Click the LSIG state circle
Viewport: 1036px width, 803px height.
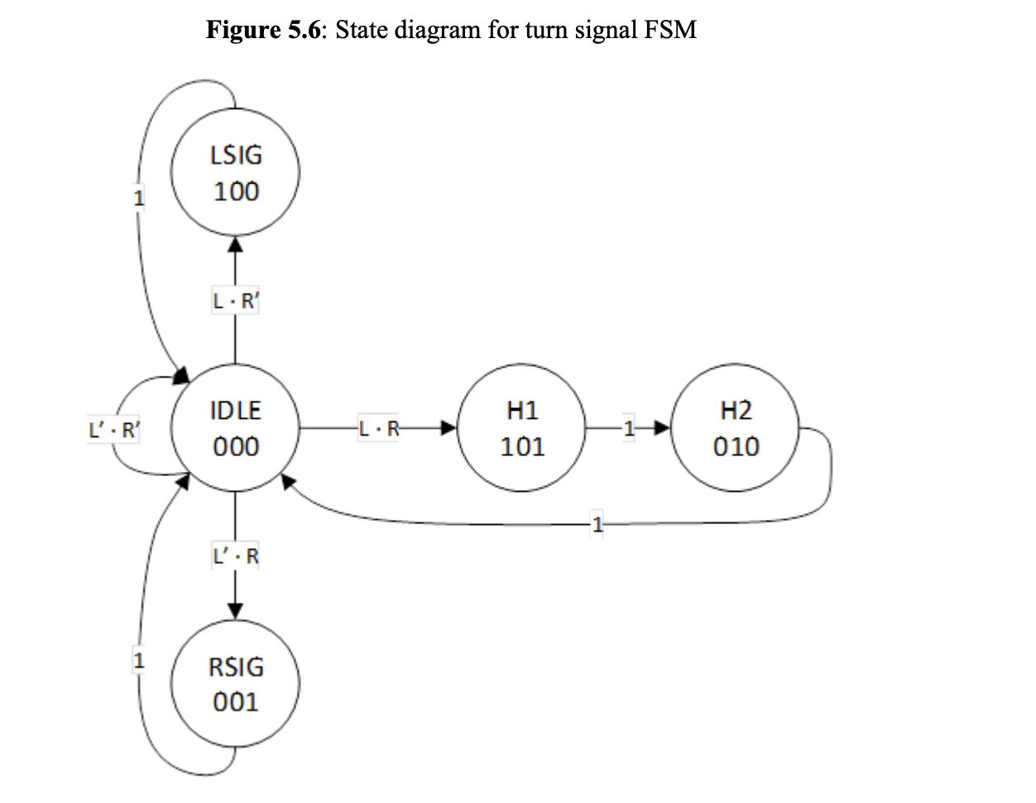pyautogui.click(x=236, y=173)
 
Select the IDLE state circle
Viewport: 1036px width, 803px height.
pyautogui.click(x=236, y=428)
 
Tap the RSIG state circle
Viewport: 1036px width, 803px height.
pyautogui.click(x=236, y=684)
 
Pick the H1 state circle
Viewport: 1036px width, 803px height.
pyautogui.click(x=523, y=428)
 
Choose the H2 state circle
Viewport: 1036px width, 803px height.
pyautogui.click(x=736, y=428)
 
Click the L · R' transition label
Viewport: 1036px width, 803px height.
pyautogui.click(x=236, y=302)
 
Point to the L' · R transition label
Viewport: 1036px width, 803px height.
pyautogui.click(x=236, y=557)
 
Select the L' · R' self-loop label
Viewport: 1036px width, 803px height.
pyautogui.click(x=114, y=430)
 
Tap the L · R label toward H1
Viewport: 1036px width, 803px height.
pyautogui.click(x=379, y=429)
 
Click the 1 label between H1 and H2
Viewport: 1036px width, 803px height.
pyautogui.click(x=629, y=429)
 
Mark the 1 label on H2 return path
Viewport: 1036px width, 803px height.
pyautogui.click(x=598, y=523)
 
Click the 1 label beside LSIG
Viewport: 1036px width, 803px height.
pyautogui.click(x=139, y=199)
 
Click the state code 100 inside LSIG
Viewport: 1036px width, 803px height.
pyautogui.click(x=236, y=192)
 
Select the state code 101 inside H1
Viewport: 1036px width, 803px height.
pyautogui.click(x=523, y=447)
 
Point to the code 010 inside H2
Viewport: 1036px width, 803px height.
pyautogui.click(x=736, y=447)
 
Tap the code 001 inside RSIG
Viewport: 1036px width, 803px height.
pyautogui.click(x=236, y=703)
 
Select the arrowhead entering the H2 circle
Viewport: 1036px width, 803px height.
pyautogui.click(x=661, y=429)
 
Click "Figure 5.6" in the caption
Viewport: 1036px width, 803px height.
pyautogui.click(x=265, y=31)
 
